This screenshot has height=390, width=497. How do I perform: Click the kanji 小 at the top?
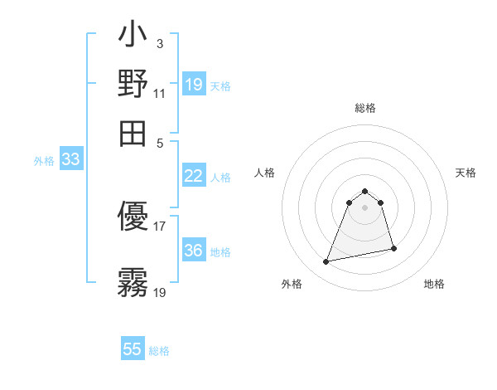click(x=133, y=38)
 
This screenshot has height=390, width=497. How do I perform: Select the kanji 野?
click(x=133, y=84)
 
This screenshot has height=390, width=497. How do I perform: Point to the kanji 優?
click(x=133, y=218)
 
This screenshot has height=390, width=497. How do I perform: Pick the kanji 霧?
click(x=133, y=283)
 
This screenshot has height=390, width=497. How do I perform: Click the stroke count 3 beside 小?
click(x=160, y=42)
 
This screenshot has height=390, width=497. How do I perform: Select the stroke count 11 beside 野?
click(x=160, y=93)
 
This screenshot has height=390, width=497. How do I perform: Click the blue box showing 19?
click(x=194, y=85)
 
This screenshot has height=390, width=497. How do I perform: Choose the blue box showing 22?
click(x=194, y=176)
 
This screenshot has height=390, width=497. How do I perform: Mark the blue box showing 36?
click(x=194, y=251)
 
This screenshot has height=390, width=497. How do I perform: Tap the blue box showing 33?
click(x=70, y=159)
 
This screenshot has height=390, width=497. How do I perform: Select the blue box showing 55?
click(x=133, y=349)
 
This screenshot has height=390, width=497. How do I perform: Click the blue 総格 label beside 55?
click(x=159, y=351)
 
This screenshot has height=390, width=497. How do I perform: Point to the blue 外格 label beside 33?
click(x=43, y=161)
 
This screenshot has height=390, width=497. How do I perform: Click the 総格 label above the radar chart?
click(x=364, y=109)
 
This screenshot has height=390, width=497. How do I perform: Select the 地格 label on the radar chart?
click(x=434, y=284)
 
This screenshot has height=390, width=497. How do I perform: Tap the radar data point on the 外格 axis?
click(x=326, y=262)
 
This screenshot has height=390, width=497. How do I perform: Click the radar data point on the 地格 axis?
click(x=393, y=249)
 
